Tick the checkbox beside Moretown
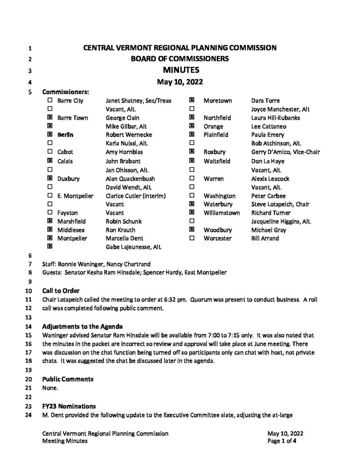pos(192,101)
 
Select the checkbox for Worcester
pos(192,238)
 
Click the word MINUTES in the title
pos(179,70)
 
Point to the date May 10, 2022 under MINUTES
pos(179,82)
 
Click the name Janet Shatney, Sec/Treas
pos(138,101)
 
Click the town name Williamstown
pos(224,213)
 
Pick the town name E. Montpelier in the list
pos(75,196)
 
